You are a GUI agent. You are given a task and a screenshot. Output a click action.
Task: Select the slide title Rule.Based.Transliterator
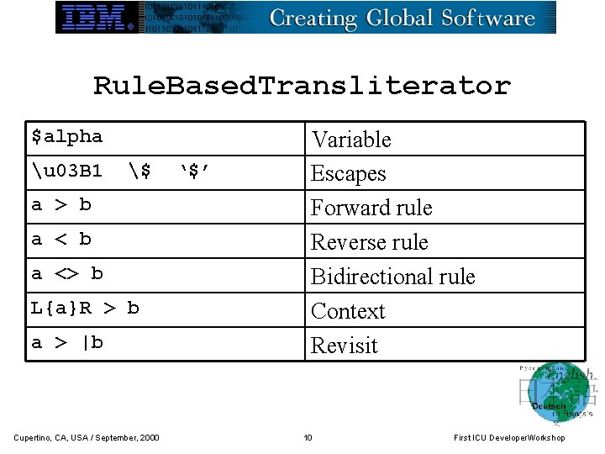click(x=302, y=86)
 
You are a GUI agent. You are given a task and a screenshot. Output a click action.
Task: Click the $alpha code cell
click(x=67, y=136)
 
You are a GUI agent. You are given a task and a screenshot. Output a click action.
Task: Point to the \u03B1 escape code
click(x=67, y=172)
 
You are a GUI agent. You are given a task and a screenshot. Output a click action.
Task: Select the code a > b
click(x=61, y=205)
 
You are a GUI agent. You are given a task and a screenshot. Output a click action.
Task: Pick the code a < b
click(x=61, y=240)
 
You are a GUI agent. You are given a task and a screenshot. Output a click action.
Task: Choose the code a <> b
click(x=67, y=274)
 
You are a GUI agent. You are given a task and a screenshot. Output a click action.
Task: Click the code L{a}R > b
click(x=85, y=309)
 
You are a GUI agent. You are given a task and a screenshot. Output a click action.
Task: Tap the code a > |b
click(x=67, y=343)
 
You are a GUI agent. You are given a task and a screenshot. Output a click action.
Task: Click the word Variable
click(x=351, y=140)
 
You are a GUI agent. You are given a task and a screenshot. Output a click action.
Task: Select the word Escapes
click(x=349, y=174)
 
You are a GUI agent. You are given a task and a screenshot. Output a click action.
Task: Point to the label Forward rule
click(x=371, y=208)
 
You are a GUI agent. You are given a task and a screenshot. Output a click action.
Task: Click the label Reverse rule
click(x=370, y=242)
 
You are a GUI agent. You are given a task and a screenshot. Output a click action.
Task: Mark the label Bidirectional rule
click(x=393, y=277)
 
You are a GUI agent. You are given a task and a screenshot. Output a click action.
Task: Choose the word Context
click(x=348, y=311)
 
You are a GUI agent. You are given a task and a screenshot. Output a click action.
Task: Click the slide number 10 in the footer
click(x=308, y=437)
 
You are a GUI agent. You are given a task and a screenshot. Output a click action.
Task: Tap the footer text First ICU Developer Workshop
click(x=509, y=437)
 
